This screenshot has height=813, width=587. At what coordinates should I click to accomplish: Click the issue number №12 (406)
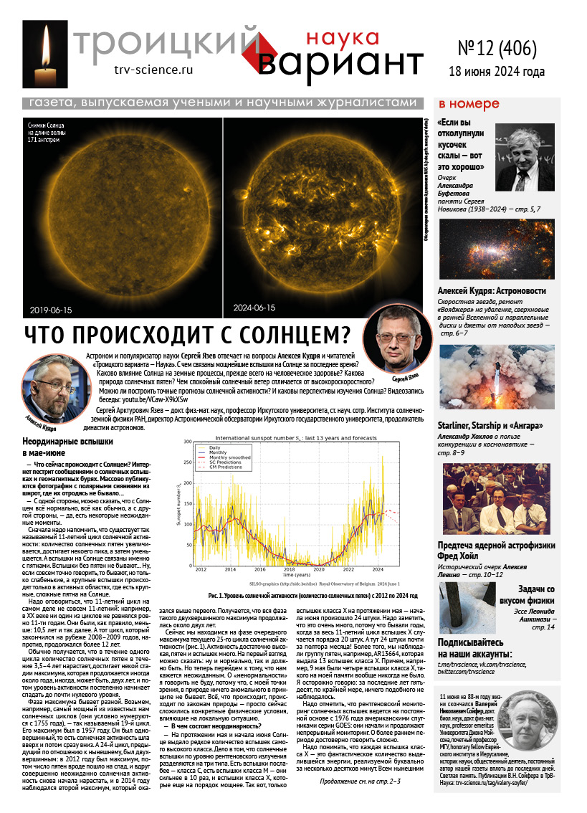point(496,49)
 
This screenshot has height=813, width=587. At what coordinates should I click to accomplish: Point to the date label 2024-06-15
point(254,308)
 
